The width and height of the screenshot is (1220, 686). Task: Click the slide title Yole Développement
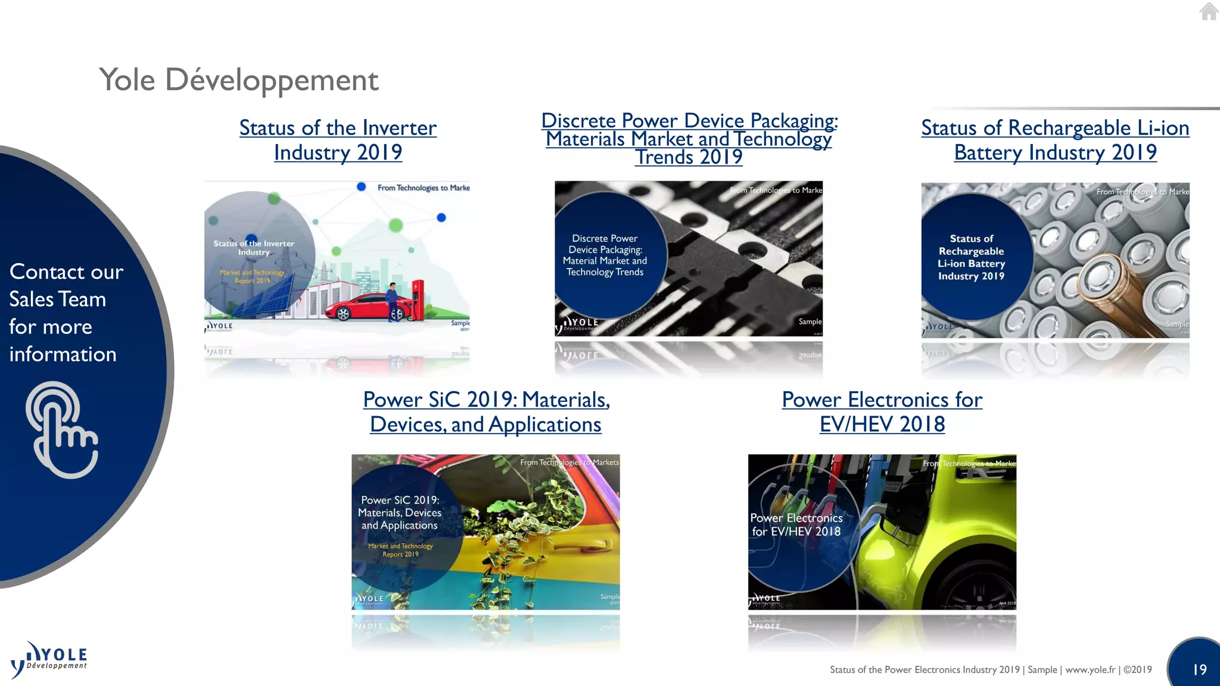238,80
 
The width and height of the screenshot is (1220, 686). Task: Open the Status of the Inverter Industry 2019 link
338,140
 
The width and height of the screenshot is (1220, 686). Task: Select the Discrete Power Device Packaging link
689,139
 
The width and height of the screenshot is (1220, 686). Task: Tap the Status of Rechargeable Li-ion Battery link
1055,140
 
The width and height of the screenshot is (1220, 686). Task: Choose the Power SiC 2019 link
486,411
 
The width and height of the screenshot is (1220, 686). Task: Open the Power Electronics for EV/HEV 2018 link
882,411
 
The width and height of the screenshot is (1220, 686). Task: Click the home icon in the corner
1208,11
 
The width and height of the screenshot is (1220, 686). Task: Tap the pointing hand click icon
61,429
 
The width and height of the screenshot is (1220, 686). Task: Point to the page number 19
1199,669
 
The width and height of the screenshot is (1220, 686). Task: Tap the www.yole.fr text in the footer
1090,669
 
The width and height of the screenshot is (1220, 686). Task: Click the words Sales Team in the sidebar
58,299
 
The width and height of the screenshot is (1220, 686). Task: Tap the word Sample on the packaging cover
810,322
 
